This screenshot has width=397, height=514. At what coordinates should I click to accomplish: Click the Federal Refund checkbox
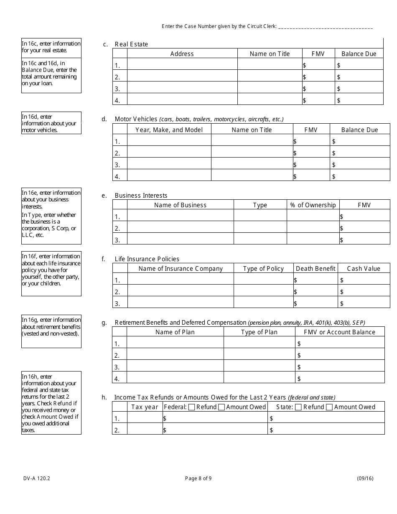click(191, 407)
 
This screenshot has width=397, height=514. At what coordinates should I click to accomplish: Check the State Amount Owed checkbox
click(329, 407)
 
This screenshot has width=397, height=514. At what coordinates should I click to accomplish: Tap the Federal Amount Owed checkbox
click(221, 407)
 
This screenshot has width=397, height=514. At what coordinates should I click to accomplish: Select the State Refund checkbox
click(298, 407)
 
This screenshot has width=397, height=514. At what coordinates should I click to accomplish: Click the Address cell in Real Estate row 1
click(182, 65)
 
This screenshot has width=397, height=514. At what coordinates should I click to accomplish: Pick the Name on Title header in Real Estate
click(270, 53)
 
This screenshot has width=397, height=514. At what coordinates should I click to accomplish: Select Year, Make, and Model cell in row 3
click(169, 165)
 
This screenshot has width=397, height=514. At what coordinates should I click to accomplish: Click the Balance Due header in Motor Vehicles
click(359, 130)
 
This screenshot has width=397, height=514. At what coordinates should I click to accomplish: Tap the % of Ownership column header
click(313, 205)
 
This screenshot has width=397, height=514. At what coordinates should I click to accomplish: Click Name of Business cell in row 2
click(180, 228)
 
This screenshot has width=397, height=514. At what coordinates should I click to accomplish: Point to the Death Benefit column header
click(316, 268)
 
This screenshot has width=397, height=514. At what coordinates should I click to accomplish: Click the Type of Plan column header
click(259, 332)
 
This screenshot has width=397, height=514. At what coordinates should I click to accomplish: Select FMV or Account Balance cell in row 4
click(339, 379)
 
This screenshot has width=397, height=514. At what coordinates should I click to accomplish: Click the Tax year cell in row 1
click(145, 418)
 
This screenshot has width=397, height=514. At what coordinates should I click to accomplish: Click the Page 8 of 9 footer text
click(198, 478)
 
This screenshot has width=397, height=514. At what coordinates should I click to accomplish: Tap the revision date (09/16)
click(365, 478)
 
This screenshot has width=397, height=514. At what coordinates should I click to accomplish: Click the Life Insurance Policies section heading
click(147, 259)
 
